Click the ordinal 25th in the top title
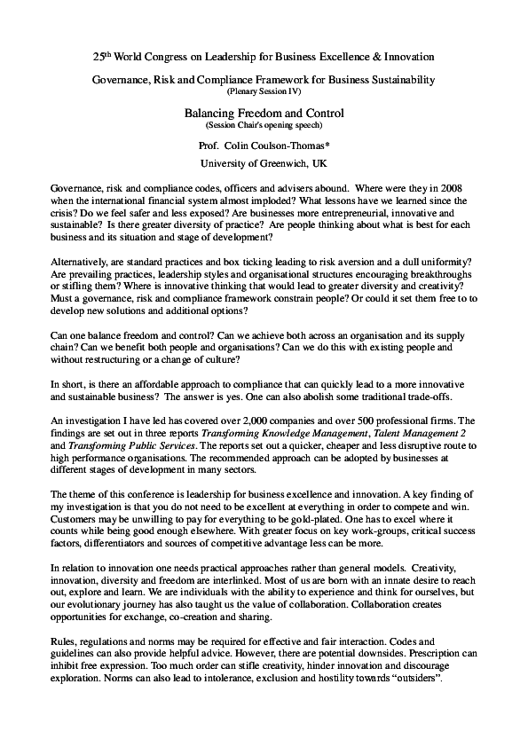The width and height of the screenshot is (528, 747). point(101,56)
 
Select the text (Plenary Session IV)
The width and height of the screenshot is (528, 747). point(264,91)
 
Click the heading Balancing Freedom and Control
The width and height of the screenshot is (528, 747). point(264,114)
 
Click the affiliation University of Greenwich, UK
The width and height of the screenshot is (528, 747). point(264,164)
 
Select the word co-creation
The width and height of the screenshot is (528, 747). point(222,613)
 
